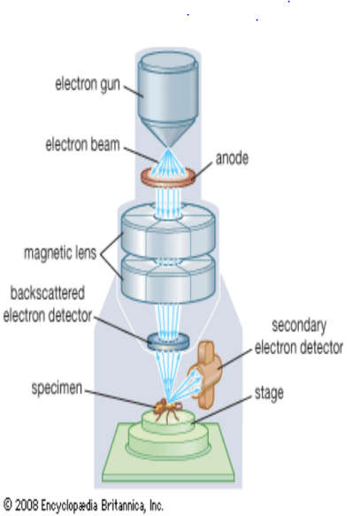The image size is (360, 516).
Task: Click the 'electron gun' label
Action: (x=88, y=84)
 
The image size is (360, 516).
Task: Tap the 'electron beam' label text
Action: (x=82, y=145)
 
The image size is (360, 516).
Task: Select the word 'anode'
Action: (x=232, y=158)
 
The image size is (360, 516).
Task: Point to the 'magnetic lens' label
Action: (x=60, y=253)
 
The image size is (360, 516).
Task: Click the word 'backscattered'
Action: (x=48, y=293)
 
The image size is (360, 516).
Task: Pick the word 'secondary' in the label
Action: (x=299, y=326)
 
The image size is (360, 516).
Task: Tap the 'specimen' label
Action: (x=57, y=389)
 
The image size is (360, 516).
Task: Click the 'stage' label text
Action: (x=269, y=393)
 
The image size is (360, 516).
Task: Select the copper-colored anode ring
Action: (x=168, y=177)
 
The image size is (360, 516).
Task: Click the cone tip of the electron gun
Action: (x=168, y=146)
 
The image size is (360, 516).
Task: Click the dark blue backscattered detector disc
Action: (x=168, y=342)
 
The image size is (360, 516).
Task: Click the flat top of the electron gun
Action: (x=168, y=62)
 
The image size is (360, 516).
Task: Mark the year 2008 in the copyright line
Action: (x=27, y=504)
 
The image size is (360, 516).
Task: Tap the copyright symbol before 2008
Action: (x=8, y=504)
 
